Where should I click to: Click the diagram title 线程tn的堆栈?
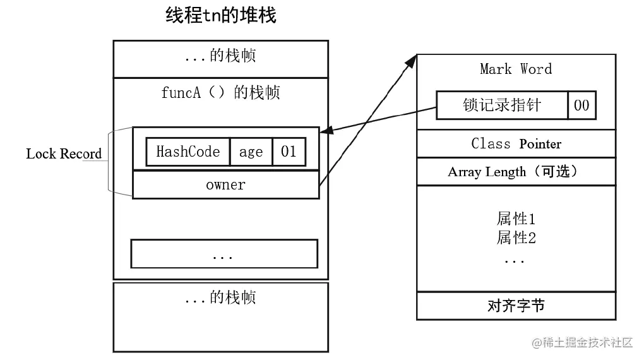click(x=220, y=15)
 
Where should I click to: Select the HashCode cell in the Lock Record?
click(x=188, y=152)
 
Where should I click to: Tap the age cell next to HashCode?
click(x=251, y=152)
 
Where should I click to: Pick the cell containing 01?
click(x=289, y=152)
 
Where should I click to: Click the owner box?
click(x=225, y=185)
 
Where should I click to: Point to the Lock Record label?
click(x=63, y=154)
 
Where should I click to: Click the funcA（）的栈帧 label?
click(x=220, y=93)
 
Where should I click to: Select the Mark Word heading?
click(x=516, y=69)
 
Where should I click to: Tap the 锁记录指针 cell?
click(x=502, y=105)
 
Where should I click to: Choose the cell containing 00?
click(x=581, y=105)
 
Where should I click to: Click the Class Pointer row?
click(x=516, y=143)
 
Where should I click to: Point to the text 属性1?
click(x=516, y=219)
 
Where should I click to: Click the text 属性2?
click(x=516, y=238)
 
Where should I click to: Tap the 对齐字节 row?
click(x=516, y=306)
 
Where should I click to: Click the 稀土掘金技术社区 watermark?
click(x=582, y=343)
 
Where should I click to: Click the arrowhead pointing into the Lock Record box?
click(x=326, y=131)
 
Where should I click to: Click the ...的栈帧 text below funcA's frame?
click(x=220, y=297)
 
